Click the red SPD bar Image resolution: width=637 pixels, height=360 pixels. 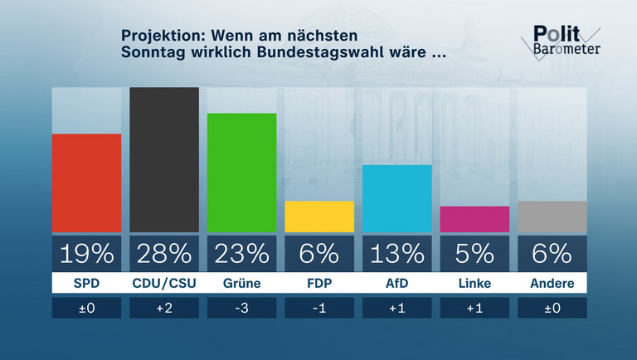pos(86,182)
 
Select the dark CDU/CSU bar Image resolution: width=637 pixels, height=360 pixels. pos(164,159)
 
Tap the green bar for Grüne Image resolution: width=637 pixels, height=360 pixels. pos(241,173)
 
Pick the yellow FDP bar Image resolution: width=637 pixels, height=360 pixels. pos(319,216)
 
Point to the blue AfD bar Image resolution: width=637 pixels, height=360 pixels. pos(396,198)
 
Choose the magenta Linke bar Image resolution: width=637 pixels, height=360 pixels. pos(474,219)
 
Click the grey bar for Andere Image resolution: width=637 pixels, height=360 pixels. pos(552,216)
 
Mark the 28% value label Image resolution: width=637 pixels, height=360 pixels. pos(164,252)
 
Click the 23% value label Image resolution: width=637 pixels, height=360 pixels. pos(241,252)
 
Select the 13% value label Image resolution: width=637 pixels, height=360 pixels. pos(396,252)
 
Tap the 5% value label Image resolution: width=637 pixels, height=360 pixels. pos(474,252)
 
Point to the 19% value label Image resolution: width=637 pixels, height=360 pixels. pos(86,252)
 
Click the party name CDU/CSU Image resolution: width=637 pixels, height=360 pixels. pos(164,284)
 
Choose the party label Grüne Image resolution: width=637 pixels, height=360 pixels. pos(241,284)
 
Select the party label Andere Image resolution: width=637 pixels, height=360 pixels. pos(552,284)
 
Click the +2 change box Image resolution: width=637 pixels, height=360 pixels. pos(164,308)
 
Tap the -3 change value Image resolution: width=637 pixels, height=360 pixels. pos(241,308)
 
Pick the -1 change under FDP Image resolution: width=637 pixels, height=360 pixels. pos(319,308)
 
